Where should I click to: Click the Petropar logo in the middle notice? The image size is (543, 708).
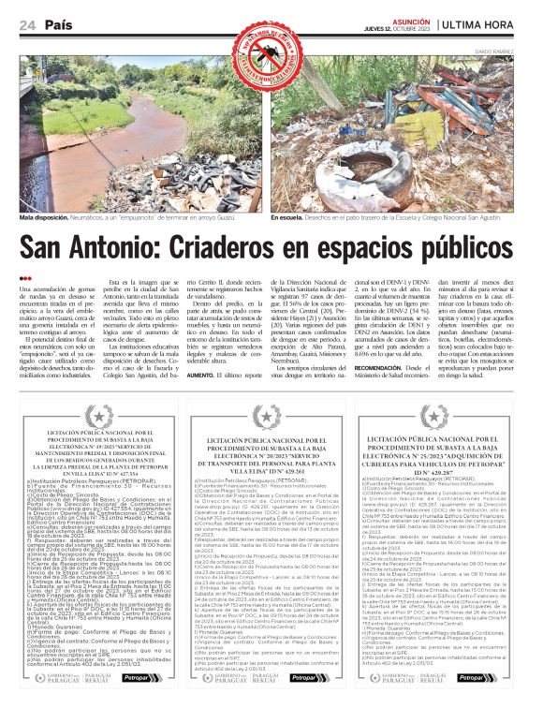309,676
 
